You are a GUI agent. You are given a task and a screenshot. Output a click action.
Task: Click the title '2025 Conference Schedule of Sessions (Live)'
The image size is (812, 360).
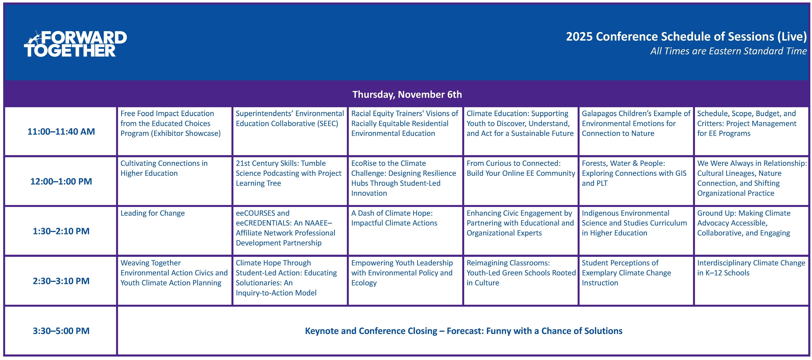(686, 37)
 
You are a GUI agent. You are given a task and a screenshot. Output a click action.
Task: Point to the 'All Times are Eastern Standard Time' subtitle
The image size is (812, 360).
(728, 51)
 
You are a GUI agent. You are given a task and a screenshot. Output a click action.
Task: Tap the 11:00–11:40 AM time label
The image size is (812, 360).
(61, 131)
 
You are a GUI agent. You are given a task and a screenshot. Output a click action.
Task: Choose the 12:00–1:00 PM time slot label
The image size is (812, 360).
(61, 181)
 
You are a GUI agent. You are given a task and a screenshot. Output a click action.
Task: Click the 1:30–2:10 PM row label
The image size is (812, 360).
(61, 231)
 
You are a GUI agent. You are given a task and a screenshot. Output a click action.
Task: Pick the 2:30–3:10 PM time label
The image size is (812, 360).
(61, 281)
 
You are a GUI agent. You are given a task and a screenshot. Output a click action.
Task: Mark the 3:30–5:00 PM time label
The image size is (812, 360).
(61, 331)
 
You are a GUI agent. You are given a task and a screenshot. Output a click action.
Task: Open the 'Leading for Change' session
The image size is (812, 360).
(153, 213)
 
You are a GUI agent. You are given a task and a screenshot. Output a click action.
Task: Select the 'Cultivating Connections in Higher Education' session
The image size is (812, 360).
(164, 168)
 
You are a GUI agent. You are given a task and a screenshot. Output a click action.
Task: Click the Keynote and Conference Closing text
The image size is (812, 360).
(464, 331)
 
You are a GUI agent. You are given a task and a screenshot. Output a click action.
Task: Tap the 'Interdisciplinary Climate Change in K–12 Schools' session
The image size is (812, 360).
(751, 268)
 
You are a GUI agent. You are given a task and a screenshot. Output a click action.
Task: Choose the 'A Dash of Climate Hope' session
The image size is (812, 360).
(394, 218)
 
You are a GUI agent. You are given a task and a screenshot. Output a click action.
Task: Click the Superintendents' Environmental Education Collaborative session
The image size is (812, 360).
(290, 119)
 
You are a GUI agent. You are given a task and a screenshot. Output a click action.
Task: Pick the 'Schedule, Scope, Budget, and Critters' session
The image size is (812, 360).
(747, 124)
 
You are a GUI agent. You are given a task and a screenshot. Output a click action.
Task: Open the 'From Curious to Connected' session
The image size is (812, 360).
(521, 168)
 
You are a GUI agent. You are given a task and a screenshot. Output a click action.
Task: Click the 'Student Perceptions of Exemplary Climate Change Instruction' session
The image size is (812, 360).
(626, 273)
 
